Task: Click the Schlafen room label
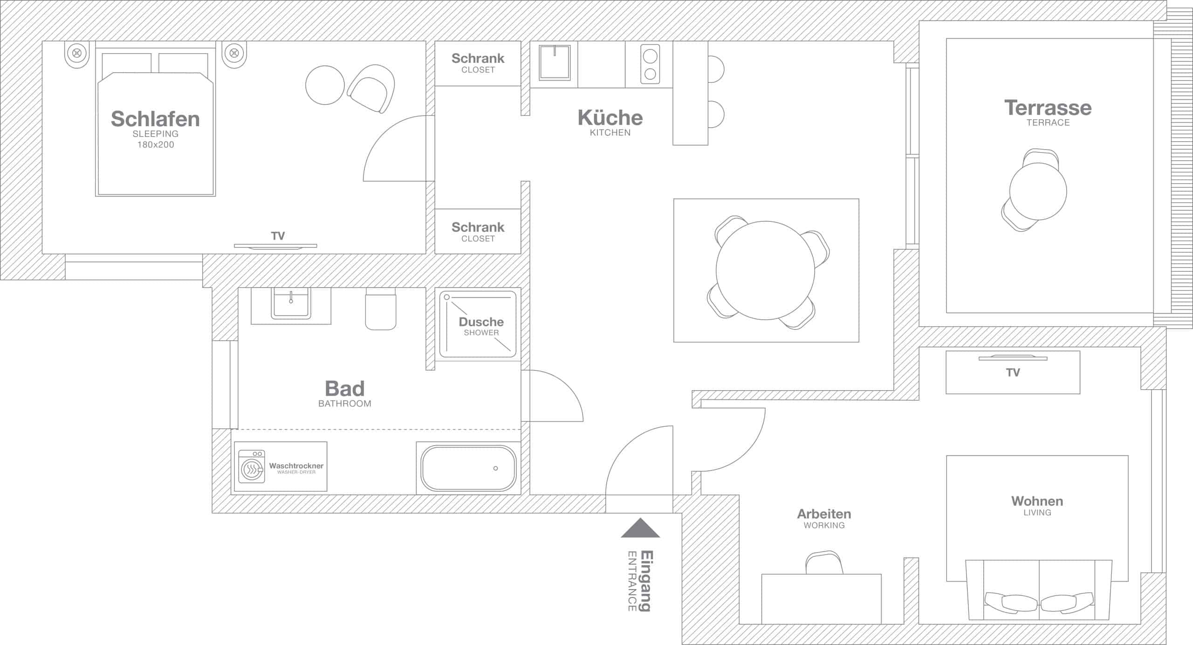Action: point(155,119)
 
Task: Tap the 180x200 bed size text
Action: point(156,145)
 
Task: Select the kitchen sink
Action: point(555,63)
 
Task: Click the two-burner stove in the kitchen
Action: point(650,64)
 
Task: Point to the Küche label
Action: point(610,118)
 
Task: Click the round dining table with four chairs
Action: point(765,270)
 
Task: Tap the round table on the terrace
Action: point(1038,191)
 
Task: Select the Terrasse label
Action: point(1048,108)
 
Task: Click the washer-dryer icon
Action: point(252,467)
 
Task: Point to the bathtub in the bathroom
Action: point(468,468)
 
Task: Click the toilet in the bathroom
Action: point(381,310)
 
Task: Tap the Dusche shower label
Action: point(481,322)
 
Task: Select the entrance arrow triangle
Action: point(640,529)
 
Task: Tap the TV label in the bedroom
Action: point(278,236)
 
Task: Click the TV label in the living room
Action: point(1013,372)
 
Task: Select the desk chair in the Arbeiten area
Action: point(823,563)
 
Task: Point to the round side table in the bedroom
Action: point(325,85)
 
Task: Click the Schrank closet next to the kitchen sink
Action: point(478,63)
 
